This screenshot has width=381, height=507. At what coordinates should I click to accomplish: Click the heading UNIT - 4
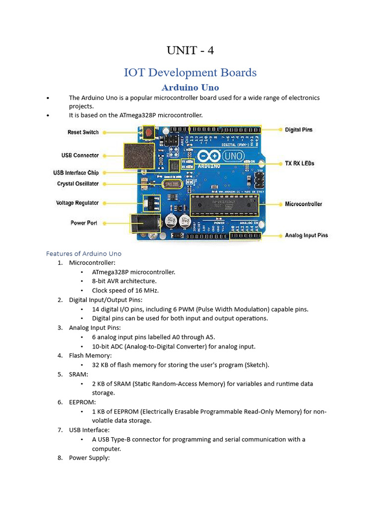pos(190,51)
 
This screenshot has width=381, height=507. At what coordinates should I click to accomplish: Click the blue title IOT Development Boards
pos(190,73)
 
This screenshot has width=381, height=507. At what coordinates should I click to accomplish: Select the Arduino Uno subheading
pos(190,88)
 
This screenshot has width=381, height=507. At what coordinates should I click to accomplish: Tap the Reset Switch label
pos(83,132)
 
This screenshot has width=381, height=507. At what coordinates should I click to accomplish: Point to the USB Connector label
pos(80,155)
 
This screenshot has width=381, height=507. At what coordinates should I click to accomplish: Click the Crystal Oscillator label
pos(78,184)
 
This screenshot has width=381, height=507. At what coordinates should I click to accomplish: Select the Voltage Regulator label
pos(77,203)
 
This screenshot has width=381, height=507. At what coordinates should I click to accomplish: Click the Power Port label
pos(84,223)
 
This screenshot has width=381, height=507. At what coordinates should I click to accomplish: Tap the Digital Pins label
pos(299,130)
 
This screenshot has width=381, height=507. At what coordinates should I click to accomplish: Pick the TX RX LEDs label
pos(300,163)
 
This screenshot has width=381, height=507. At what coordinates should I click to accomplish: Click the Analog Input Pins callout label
pos(306,235)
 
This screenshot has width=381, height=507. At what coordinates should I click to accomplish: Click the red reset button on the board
pos(148,132)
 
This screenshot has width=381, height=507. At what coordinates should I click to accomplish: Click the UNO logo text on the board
pos(233,156)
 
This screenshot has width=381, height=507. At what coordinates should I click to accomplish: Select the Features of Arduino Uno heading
pos(84,253)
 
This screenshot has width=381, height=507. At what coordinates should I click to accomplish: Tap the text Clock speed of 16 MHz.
pos(125,290)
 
